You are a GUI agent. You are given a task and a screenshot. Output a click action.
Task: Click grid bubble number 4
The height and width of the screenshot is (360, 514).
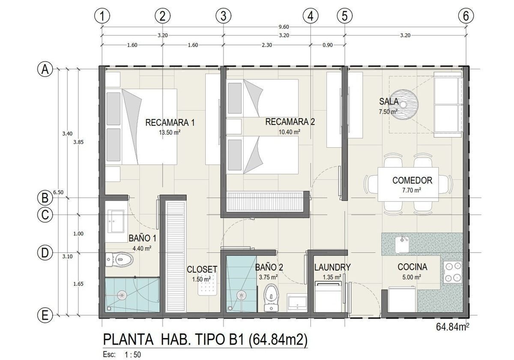[311, 16]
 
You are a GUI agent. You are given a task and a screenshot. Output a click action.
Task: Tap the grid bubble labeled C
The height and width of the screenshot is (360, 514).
[45, 215]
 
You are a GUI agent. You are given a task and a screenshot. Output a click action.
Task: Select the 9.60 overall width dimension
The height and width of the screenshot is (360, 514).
[284, 27]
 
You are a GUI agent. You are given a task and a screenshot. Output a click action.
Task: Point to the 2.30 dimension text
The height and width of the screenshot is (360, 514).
[267, 45]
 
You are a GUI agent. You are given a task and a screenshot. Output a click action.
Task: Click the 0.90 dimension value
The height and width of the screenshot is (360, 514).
[327, 45]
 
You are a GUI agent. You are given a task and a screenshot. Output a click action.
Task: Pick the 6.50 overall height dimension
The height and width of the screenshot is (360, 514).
[58, 192]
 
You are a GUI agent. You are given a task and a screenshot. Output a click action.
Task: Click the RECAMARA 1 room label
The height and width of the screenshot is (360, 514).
[170, 123]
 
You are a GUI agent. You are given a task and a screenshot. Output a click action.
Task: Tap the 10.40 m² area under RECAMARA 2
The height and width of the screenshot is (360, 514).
[290, 132]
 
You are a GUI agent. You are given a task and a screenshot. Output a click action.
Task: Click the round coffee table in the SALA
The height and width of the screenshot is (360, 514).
[404, 104]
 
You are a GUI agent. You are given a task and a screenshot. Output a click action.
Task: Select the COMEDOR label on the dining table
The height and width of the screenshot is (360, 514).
[412, 181]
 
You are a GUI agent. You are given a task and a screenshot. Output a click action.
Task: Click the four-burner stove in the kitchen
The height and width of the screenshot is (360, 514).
[452, 272]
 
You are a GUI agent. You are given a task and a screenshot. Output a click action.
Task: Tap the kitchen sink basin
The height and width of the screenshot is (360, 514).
[402, 245]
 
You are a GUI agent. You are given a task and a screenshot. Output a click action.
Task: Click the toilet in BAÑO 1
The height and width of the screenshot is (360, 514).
[120, 260]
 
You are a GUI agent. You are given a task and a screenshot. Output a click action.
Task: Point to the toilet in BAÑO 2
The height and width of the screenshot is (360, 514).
[271, 298]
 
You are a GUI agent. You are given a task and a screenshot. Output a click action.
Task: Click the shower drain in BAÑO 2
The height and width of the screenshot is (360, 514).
[241, 295]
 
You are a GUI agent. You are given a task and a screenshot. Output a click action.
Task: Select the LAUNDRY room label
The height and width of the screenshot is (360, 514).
[332, 267]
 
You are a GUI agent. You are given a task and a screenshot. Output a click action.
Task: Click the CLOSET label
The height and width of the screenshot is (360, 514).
[202, 269]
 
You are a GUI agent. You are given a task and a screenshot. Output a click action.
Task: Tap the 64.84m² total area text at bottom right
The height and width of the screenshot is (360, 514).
[452, 327]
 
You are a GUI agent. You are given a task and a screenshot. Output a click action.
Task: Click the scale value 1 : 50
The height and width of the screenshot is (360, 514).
[133, 354]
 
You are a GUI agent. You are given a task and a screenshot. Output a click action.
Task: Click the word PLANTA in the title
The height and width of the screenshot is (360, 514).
[128, 339]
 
